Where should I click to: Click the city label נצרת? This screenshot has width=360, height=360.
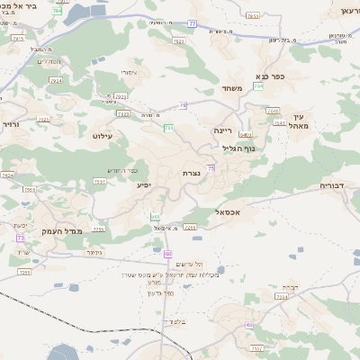(191, 173)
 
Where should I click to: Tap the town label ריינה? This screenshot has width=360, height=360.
(223, 130)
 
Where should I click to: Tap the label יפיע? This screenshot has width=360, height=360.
(143, 184)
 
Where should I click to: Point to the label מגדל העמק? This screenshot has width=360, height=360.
(62, 232)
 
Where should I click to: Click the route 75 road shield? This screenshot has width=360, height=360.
(211, 168)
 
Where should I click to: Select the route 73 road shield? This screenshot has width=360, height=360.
(20, 238)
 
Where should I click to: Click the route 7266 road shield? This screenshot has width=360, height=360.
(190, 228)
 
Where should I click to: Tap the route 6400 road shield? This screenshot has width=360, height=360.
(245, 135)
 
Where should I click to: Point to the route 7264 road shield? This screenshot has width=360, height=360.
(281, 296)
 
